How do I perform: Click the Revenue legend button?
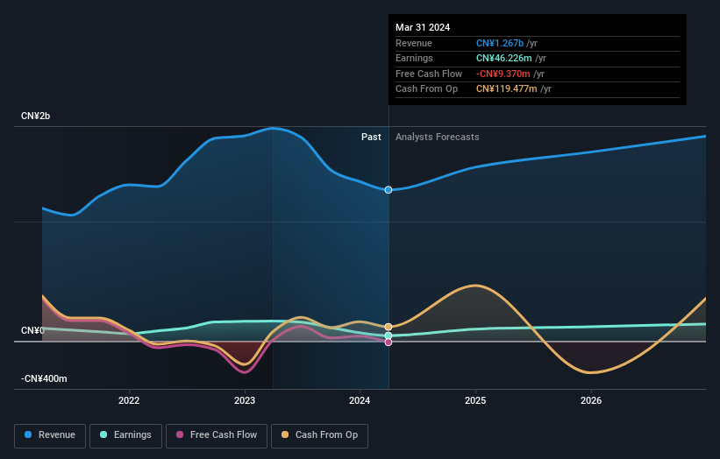point(51,435)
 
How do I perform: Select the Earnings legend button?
point(125,435)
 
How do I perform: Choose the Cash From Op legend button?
point(320,435)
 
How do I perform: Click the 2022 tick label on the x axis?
point(129,401)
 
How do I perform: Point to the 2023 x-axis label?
point(245,401)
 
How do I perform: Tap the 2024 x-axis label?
point(360,401)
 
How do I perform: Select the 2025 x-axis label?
point(475,401)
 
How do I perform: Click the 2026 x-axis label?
point(591,401)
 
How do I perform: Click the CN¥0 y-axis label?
point(32,331)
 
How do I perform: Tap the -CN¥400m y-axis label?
point(44,379)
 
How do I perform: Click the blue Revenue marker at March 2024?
point(389,190)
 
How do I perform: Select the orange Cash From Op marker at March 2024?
point(389,327)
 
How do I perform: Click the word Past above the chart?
point(371,138)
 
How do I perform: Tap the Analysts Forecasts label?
point(437,138)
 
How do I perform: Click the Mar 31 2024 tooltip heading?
point(423,27)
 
